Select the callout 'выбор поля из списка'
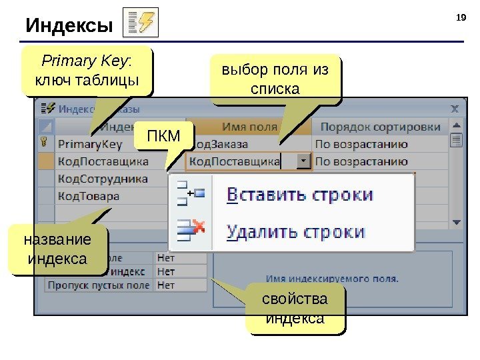pyautogui.click(x=275, y=79)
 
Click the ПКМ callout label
pyautogui.click(x=163, y=137)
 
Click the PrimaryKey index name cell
pyautogui.click(x=90, y=143)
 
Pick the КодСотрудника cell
pyautogui.click(x=102, y=178)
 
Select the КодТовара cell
pyautogui.click(x=88, y=196)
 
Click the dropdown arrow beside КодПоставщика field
pyautogui.click(x=304, y=161)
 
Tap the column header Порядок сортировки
pyautogui.click(x=379, y=126)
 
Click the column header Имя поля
pyautogui.click(x=249, y=126)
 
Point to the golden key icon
pyautogui.click(x=45, y=143)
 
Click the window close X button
pyautogui.click(x=455, y=107)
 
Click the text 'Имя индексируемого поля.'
pyautogui.click(x=332, y=278)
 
